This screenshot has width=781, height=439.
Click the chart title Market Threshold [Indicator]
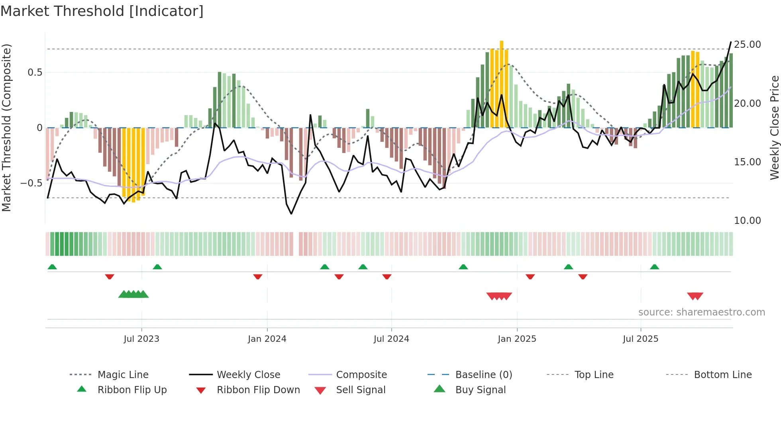102,11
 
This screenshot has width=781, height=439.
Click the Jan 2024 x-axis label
267,339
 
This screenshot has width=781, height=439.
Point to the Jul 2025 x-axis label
640,339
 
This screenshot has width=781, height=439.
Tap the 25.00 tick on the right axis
747,45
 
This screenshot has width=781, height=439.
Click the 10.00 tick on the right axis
747,221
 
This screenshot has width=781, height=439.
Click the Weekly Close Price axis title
774,127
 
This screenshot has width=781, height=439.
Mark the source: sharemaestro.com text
701,312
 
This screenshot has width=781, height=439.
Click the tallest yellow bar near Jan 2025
502,84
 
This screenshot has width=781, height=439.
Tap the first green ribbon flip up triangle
52,267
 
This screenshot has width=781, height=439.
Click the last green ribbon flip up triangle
654,267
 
